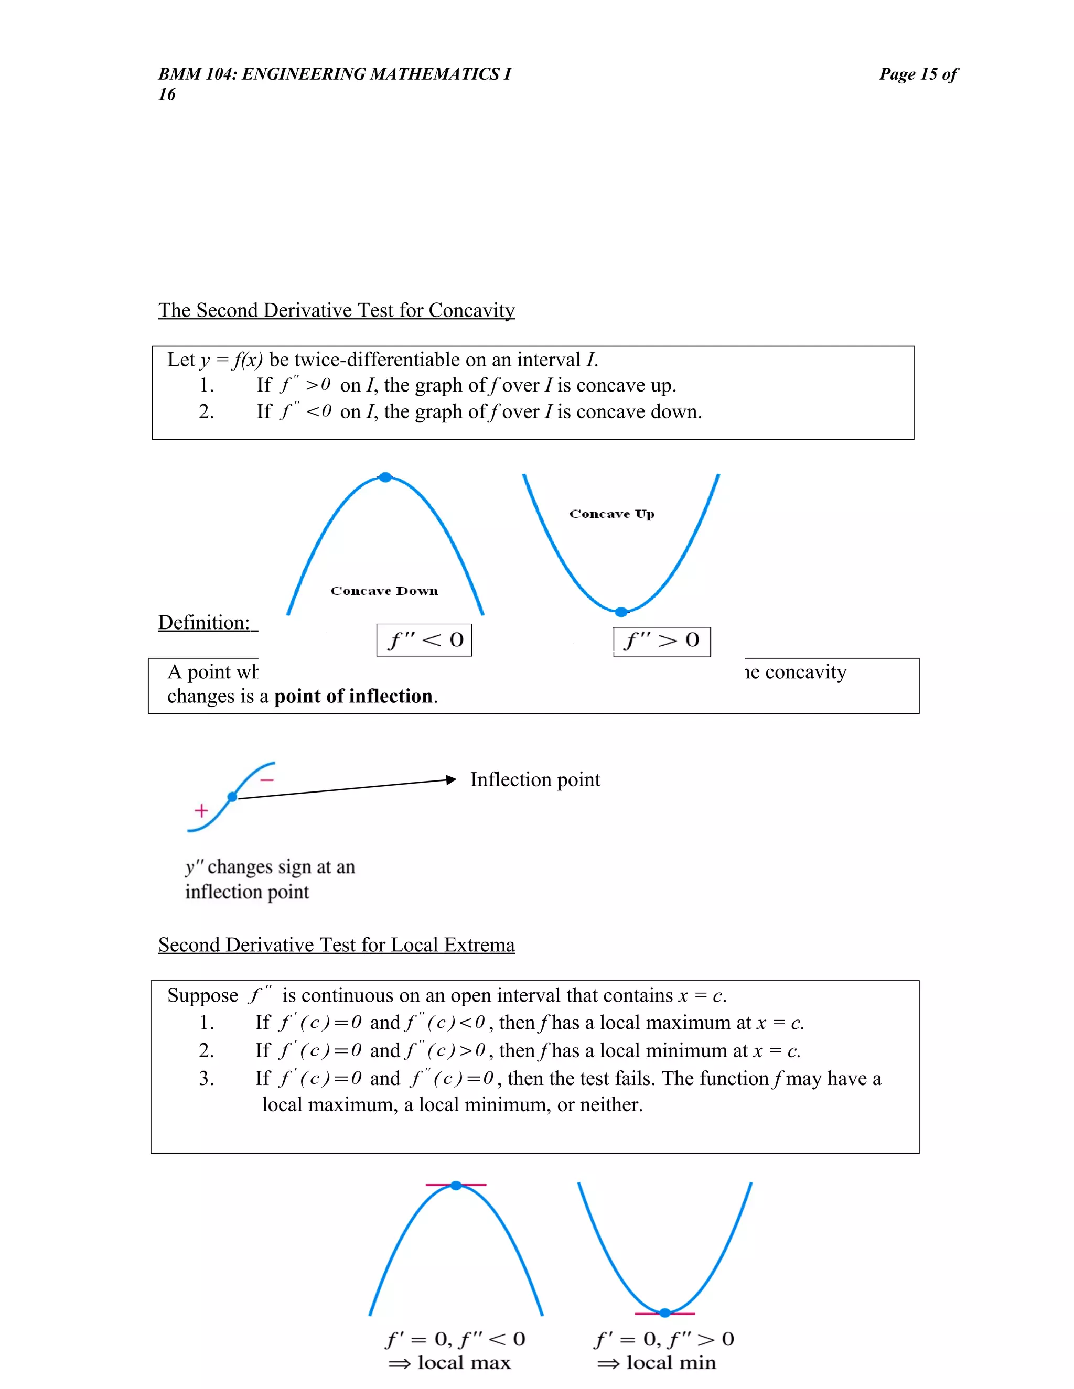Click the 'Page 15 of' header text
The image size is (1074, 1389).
[918, 74]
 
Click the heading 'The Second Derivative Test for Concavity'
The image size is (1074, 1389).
[336, 310]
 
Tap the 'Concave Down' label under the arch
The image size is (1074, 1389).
[384, 591]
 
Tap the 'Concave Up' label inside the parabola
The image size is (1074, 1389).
[611, 514]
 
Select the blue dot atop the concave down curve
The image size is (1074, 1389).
[385, 477]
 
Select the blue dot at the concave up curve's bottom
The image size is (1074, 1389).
[621, 612]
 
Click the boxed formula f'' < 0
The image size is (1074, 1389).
[424, 640]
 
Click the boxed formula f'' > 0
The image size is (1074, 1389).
[662, 641]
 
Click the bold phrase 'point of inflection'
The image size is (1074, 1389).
[353, 697]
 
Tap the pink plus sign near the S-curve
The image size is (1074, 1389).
[201, 810]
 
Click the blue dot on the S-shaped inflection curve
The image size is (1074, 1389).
[232, 797]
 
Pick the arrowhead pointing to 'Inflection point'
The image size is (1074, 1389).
[451, 780]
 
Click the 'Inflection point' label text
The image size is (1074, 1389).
[535, 780]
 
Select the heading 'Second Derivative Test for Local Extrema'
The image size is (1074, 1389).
[336, 945]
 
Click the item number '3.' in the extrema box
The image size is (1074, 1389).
[206, 1079]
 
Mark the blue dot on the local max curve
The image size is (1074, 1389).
[456, 1185]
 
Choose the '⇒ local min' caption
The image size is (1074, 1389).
[657, 1363]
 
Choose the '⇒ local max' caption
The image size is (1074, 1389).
[450, 1363]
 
